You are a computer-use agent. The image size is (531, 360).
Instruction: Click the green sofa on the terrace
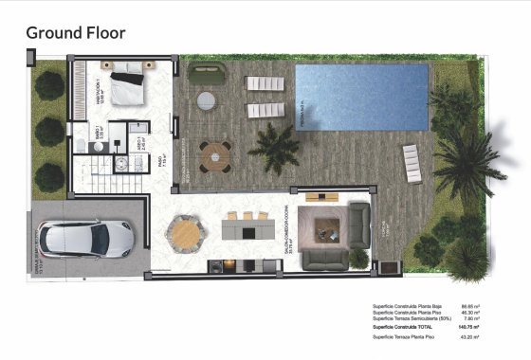tap(206, 72)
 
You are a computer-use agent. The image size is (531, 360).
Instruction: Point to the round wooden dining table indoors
tap(184, 231)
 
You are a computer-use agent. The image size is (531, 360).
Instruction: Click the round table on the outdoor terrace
tap(215, 153)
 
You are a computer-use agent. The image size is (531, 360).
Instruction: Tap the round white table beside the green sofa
tap(205, 100)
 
